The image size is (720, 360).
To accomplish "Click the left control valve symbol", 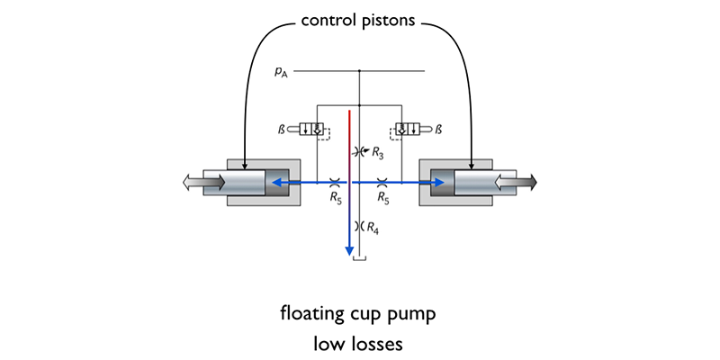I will [306, 130].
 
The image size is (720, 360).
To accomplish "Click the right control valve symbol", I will [412, 130].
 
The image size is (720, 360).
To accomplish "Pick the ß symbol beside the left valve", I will [282, 130].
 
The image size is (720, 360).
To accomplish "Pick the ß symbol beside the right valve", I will [438, 130].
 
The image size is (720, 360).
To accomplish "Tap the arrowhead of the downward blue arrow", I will [348, 250].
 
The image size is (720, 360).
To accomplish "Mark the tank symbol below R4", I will [359, 259].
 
